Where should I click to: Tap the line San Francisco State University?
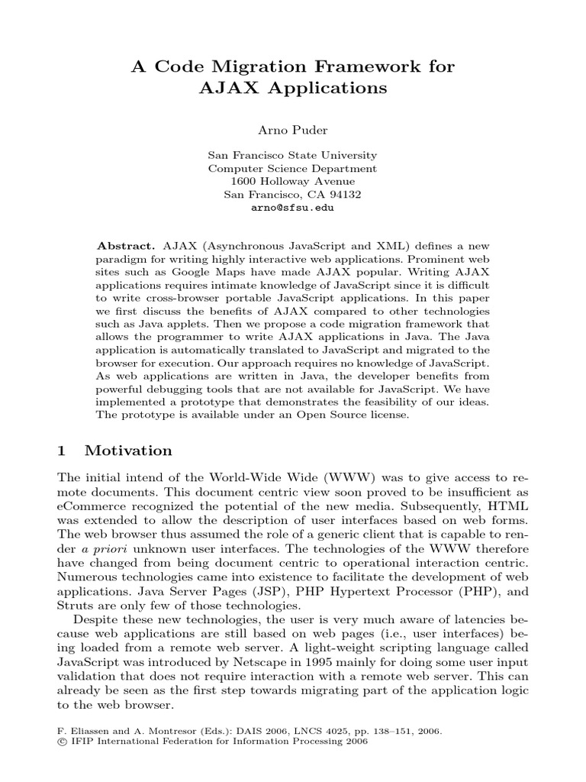coord(293,155)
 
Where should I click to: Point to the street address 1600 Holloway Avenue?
coord(293,181)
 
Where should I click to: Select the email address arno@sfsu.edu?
coord(293,207)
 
